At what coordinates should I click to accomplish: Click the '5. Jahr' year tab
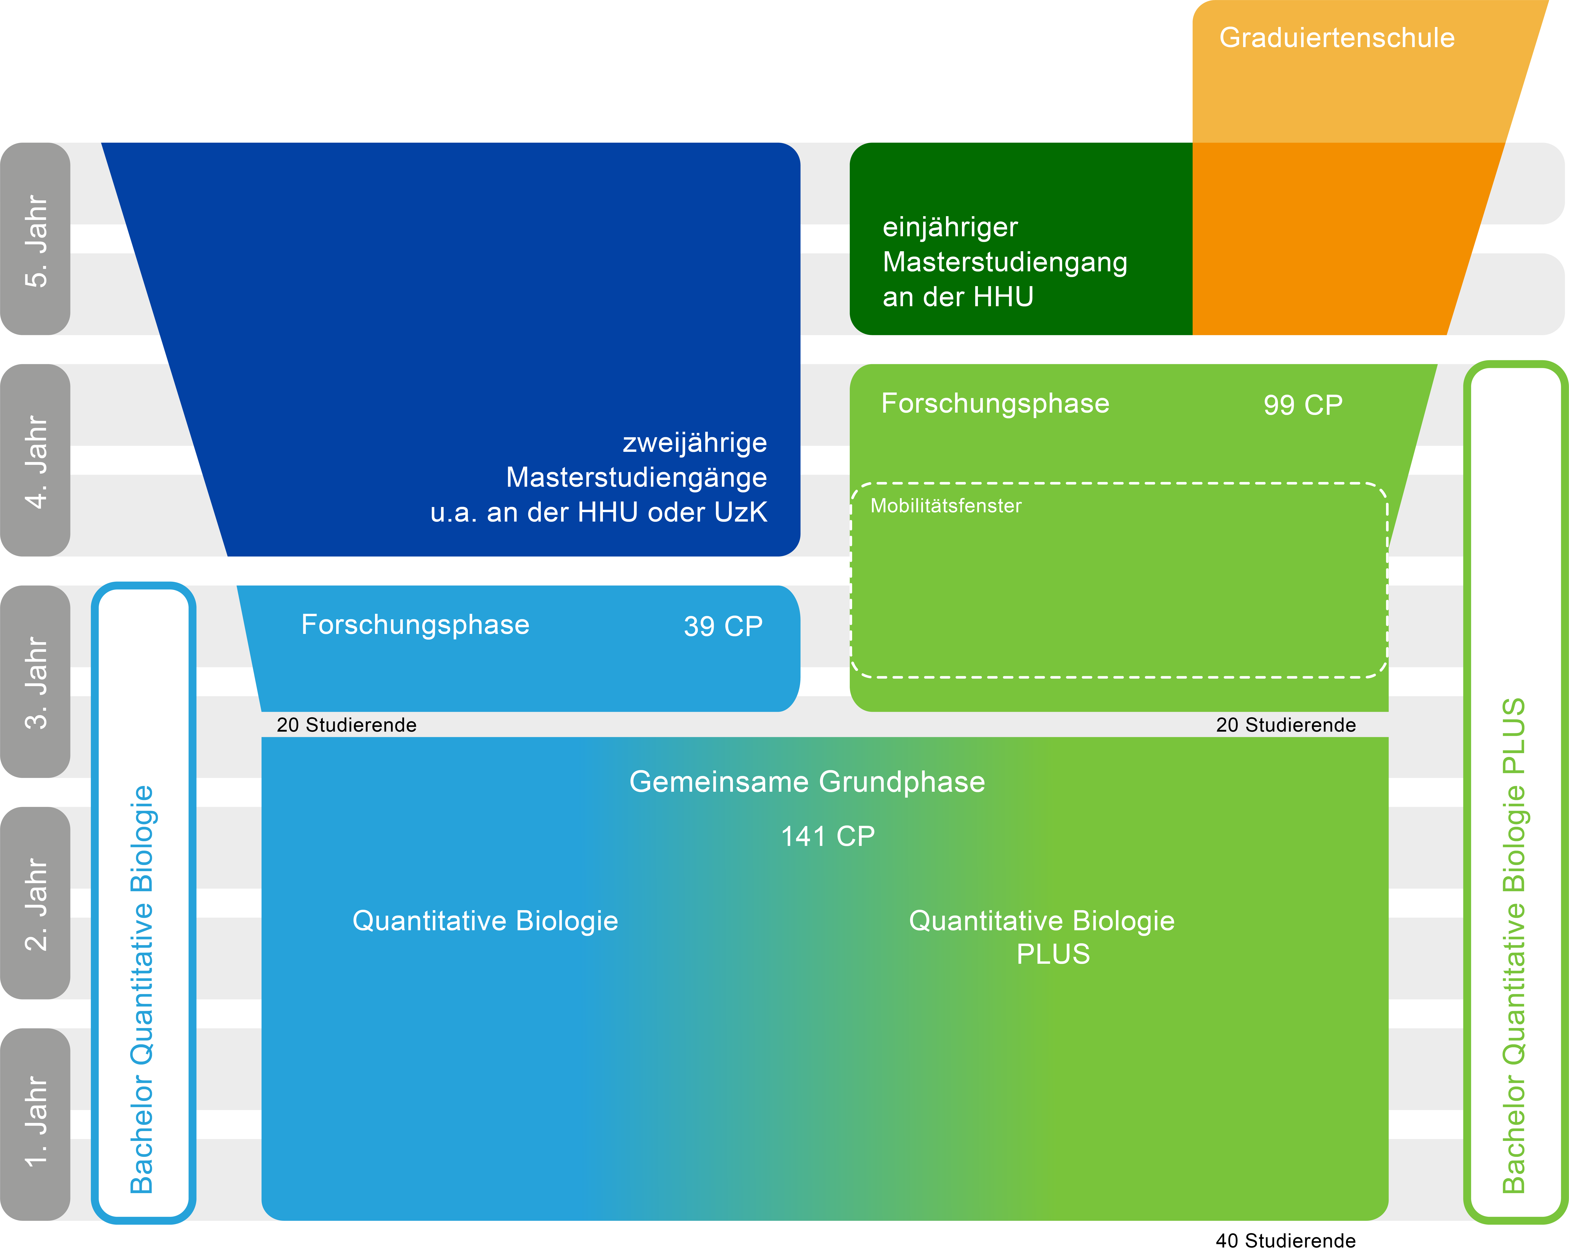[35, 239]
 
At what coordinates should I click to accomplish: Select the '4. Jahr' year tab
[35, 460]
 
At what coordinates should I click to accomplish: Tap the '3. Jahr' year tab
[35, 682]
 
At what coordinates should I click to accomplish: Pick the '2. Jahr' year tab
[35, 903]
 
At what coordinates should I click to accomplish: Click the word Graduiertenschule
[1337, 38]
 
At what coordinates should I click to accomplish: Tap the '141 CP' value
[827, 836]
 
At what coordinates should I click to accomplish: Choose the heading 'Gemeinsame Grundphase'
[807, 782]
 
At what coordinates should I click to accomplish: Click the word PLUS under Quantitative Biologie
[1053, 954]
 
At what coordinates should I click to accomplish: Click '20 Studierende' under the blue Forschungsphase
[346, 725]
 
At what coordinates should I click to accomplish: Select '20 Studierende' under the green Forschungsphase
[1286, 725]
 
